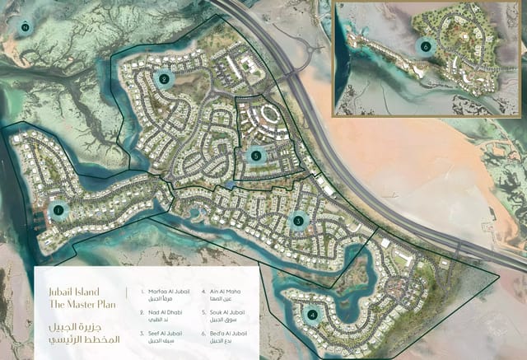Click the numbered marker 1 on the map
coord(58,210)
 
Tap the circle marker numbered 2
coord(165,79)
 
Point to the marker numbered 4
coord(311,314)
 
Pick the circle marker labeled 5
coord(256,154)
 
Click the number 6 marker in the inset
coord(425,46)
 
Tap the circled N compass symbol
coord(26,26)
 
